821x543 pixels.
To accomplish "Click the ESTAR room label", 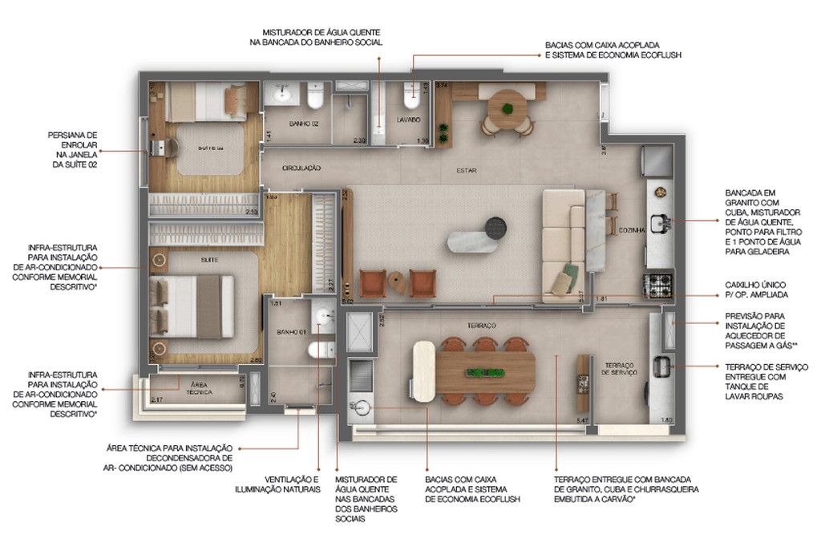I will (467, 170).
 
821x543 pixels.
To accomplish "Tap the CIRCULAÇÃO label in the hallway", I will (301, 168).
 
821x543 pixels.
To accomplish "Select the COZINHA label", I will (632, 229).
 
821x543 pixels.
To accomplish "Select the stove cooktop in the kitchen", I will (660, 283).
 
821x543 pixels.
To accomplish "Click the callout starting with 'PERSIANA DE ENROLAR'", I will (74, 150).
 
